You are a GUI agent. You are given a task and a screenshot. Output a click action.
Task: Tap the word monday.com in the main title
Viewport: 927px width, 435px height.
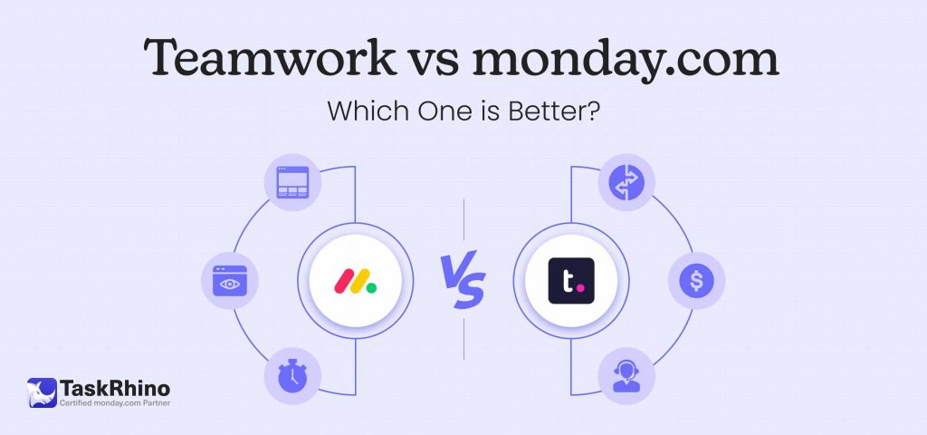pos(625,61)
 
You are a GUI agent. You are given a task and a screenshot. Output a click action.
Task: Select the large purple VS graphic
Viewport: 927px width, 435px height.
pos(463,279)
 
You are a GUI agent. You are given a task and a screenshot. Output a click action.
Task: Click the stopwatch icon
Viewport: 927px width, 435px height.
pos(291,376)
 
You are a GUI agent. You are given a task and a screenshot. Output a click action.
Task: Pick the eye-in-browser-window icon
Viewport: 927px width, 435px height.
pos(229,281)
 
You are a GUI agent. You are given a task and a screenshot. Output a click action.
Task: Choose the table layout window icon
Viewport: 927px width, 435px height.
pos(291,180)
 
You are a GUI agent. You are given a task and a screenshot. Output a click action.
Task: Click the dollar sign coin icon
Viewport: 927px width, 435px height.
pos(696,281)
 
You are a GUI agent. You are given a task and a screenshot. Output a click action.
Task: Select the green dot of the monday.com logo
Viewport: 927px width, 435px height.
pos(370,270)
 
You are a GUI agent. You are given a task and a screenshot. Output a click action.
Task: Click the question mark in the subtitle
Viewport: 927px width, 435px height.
pos(595,112)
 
